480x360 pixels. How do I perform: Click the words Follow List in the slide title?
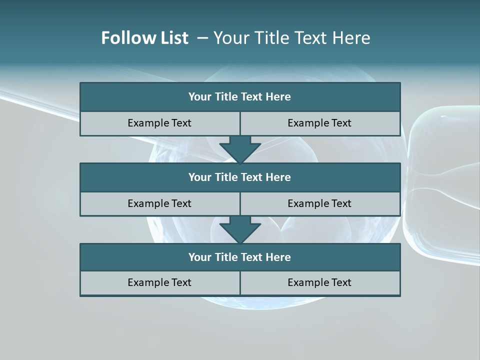tap(144, 38)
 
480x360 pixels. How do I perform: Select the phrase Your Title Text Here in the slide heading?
tap(292, 38)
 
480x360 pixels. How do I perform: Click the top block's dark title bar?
tap(240, 97)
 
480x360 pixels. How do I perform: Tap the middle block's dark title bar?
tap(240, 177)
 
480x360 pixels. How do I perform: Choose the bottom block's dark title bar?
tap(240, 257)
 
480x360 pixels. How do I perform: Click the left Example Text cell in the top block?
tap(160, 123)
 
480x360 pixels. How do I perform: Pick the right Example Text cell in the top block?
tap(320, 123)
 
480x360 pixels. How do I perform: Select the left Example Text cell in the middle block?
tap(160, 203)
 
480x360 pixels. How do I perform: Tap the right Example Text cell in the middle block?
tap(320, 203)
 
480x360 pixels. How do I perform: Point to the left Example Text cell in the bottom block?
tap(160, 282)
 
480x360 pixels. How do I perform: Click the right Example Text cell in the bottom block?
tap(320, 282)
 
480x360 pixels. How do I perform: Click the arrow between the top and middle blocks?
tap(240, 149)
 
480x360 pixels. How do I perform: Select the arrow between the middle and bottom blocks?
tap(240, 229)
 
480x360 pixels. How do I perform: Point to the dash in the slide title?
tap(203, 38)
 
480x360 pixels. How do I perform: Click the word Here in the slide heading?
tap(352, 38)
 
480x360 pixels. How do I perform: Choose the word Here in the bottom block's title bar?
tap(278, 257)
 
